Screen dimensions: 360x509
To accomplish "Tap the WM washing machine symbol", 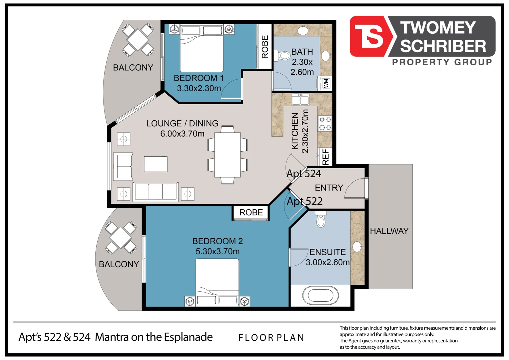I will [326, 83].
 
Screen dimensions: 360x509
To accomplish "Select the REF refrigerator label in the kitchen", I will [325, 157].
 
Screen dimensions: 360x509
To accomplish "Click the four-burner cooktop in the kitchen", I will [325, 123].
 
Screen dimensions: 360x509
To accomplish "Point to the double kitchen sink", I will [300, 99].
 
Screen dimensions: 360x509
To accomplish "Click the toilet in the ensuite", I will [320, 220].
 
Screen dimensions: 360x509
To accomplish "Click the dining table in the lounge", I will [228, 155].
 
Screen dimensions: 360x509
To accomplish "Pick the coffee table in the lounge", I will [156, 164].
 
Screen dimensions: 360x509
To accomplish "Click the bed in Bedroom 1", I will [202, 49].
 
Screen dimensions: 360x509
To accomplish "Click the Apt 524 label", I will [304, 174].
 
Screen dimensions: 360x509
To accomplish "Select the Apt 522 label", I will [304, 201].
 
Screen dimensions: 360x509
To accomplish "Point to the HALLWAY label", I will [389, 231].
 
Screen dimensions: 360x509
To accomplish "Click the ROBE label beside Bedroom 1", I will [265, 47].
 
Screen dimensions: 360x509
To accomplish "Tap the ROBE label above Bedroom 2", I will [251, 212].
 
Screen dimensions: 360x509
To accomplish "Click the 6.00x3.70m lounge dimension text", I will [182, 134].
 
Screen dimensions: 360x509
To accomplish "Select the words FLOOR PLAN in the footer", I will [271, 338].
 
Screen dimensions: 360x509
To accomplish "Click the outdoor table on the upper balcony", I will [138, 39].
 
